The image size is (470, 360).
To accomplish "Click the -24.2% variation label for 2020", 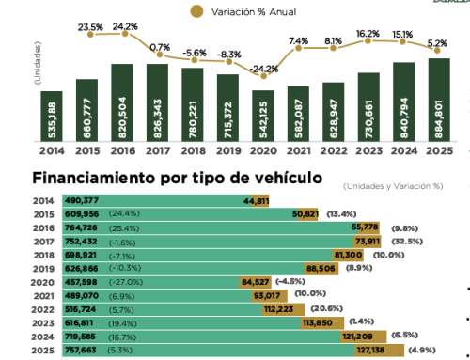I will [x=264, y=69].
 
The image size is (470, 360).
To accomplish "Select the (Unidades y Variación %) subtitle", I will [x=391, y=185].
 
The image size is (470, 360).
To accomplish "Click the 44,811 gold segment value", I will [x=257, y=201].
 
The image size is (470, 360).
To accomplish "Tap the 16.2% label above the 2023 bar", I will [x=368, y=33].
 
